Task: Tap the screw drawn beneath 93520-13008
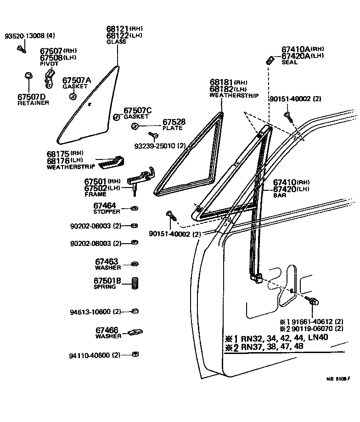22,48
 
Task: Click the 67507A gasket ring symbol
73,96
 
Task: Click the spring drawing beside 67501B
135,283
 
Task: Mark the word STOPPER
107,211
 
